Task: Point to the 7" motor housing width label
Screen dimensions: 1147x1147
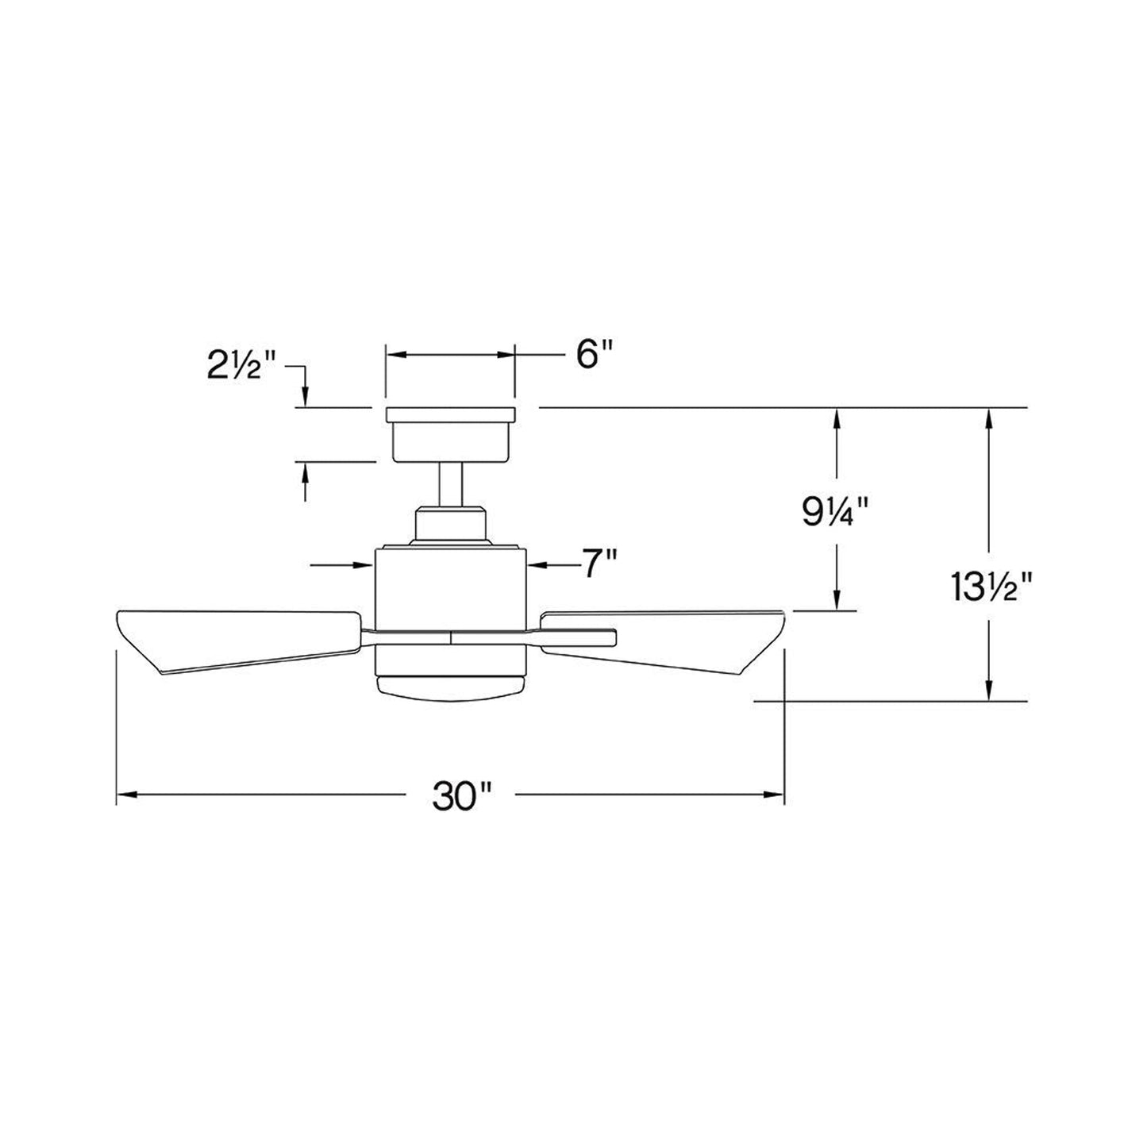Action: pyautogui.click(x=599, y=563)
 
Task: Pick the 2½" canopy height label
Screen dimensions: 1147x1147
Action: pyautogui.click(x=241, y=365)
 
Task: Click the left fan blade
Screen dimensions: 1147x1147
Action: pyautogui.click(x=239, y=641)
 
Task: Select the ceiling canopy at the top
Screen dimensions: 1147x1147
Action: pyautogui.click(x=450, y=434)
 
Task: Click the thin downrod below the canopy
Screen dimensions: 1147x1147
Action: pyautogui.click(x=451, y=484)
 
